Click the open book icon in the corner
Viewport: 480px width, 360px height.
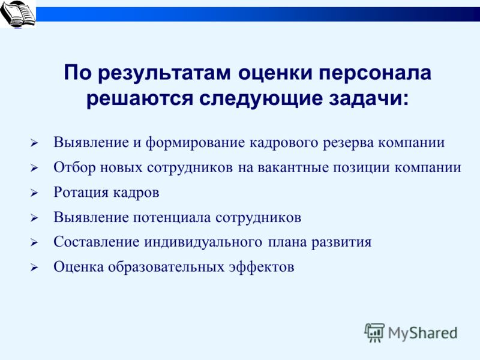[18, 13]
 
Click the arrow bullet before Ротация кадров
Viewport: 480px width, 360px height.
[34, 193]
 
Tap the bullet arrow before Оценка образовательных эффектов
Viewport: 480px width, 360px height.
[34, 268]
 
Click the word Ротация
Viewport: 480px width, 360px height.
[81, 193]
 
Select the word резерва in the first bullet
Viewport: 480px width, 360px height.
[348, 143]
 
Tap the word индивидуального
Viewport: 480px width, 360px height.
[203, 242]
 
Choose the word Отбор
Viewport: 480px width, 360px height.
[74, 167]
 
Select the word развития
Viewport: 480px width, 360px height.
[341, 242]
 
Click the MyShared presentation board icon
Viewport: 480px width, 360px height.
[374, 333]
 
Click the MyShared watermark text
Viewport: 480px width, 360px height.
[423, 334]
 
